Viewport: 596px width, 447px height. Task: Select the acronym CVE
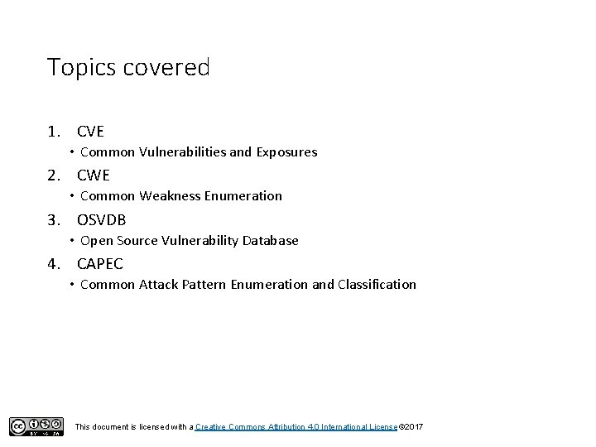[90, 131]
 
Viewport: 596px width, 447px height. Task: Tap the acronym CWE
[93, 175]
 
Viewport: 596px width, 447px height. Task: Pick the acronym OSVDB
[101, 219]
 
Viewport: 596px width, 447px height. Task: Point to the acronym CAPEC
[99, 263]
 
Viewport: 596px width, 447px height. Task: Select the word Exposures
[286, 152]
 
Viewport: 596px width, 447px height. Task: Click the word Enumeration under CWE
[243, 196]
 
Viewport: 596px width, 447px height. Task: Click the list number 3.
[53, 219]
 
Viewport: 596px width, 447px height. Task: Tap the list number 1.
[53, 131]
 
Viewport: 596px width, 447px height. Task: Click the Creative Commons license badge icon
[36, 426]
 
